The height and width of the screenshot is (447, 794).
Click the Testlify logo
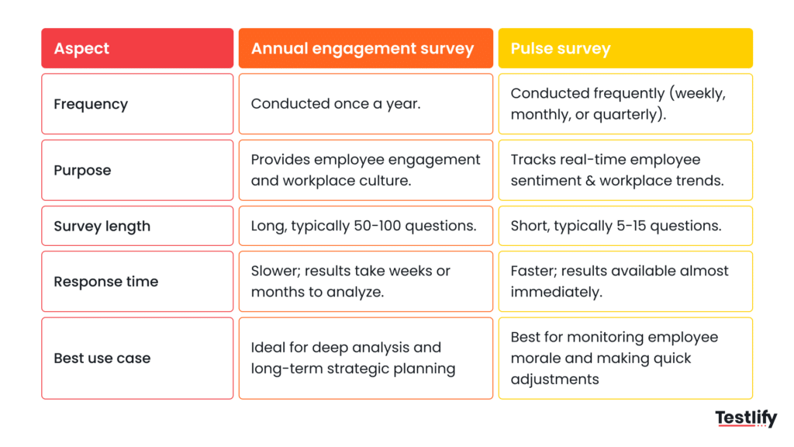(x=745, y=419)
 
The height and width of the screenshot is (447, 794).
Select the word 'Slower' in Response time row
(x=274, y=271)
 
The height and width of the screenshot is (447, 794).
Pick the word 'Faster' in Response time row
(x=533, y=271)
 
